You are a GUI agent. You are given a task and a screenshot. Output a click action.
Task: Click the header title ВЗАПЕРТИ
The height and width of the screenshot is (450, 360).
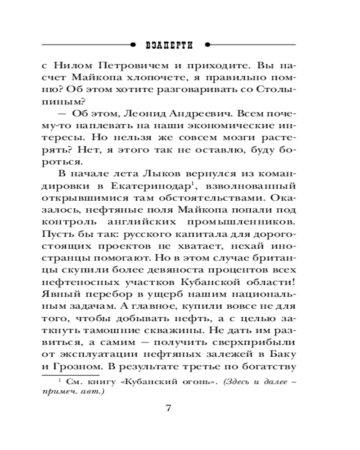pos(170,45)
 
